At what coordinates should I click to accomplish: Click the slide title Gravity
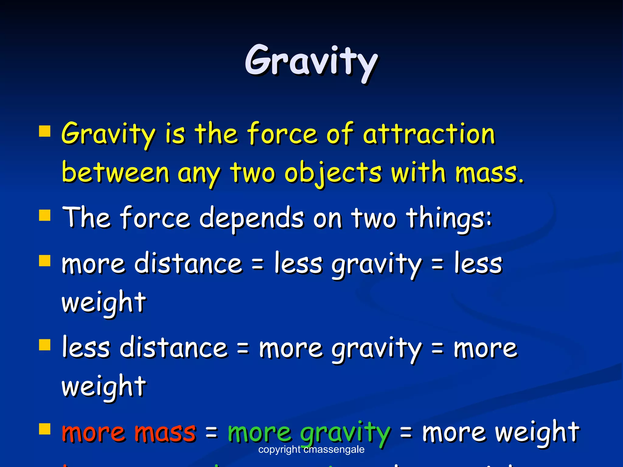[x=311, y=61]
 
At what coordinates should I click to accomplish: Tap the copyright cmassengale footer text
[x=311, y=449]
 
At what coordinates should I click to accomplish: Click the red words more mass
[x=129, y=432]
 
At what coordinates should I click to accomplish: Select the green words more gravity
[x=309, y=432]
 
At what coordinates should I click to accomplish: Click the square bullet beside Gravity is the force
[x=45, y=132]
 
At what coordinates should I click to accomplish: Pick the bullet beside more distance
[x=45, y=261]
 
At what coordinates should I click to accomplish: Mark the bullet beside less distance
[x=45, y=345]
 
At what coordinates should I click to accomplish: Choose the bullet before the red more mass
[x=45, y=429]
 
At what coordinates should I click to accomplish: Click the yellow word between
[x=115, y=173]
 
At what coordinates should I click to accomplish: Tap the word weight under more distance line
[x=104, y=303]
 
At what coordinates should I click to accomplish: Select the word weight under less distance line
[x=104, y=387]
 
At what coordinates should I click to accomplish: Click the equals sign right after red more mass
[x=212, y=433]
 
